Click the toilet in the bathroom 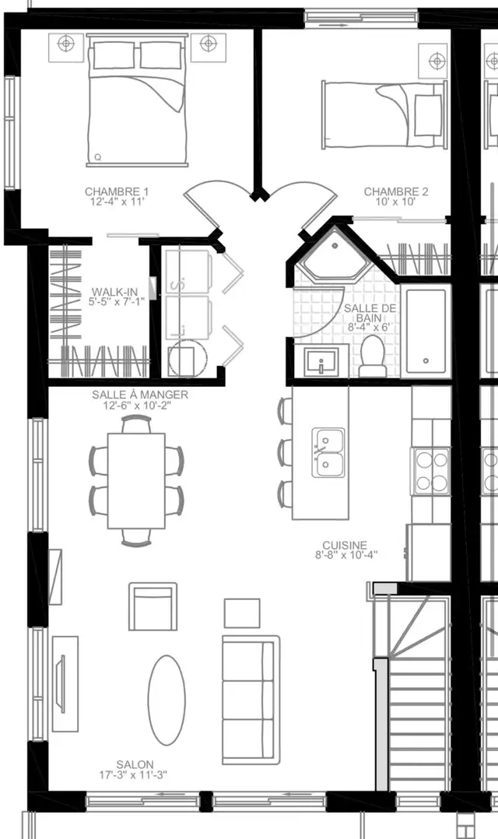[x=372, y=356]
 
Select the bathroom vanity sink [x=321, y=361]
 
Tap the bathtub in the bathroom [x=426, y=331]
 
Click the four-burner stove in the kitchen [x=431, y=472]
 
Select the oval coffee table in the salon [x=167, y=700]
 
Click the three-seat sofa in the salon [x=251, y=700]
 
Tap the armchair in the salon [x=153, y=607]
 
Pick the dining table [x=136, y=481]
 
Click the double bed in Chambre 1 [x=138, y=100]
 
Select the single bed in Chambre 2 [x=384, y=114]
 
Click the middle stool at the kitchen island [x=285, y=453]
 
